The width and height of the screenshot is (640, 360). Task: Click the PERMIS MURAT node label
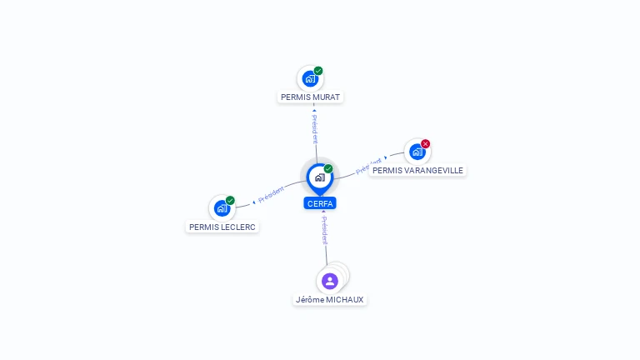coord(310,97)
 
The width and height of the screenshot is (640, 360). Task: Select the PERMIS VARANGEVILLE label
coord(417,170)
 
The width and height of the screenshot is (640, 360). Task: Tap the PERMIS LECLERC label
coord(222,227)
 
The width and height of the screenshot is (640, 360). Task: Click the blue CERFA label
coord(320,203)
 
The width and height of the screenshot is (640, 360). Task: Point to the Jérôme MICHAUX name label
coord(329,300)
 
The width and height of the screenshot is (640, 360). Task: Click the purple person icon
coord(330,281)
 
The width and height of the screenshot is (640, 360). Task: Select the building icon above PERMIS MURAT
coord(310,79)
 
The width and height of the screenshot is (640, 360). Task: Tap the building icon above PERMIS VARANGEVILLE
coord(417,152)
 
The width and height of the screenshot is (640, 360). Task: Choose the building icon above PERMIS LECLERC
coord(222,208)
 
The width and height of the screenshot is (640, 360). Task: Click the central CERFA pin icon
coord(320,179)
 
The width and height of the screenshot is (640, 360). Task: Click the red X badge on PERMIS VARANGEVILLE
coord(425,143)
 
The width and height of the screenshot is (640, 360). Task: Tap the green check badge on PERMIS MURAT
coord(318,71)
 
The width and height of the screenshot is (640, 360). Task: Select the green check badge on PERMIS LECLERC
coord(230,200)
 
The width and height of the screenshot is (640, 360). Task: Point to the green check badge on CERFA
coord(328,168)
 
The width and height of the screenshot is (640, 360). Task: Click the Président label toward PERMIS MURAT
coord(315,128)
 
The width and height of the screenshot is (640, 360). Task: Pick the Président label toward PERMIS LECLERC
coord(271,194)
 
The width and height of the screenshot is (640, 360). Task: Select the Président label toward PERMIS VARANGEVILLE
coord(368,166)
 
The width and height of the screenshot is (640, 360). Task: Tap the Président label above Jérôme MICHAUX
coord(324,231)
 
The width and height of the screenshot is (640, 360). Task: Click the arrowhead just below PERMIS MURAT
coord(314,110)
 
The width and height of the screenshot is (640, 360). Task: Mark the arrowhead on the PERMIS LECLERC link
coord(254,202)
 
